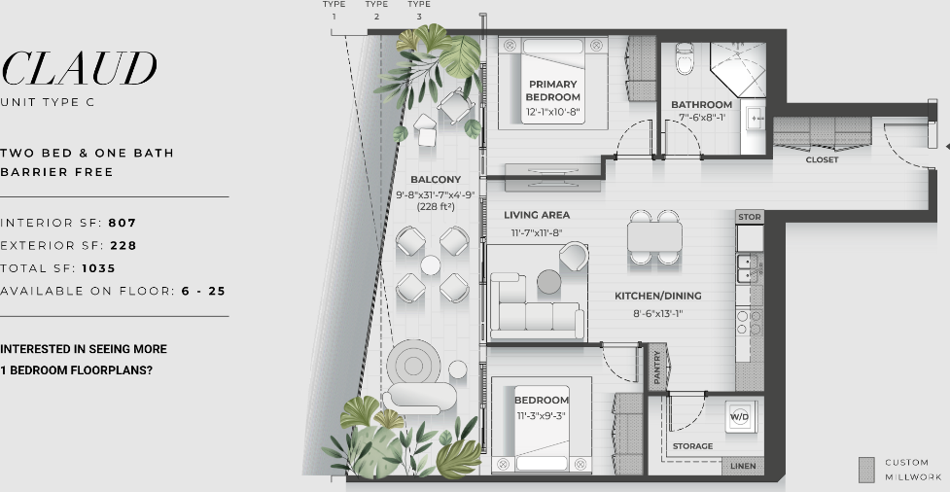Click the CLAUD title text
point(80,68)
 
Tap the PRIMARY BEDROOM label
point(552,90)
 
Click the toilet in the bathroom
point(685,58)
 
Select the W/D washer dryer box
point(740,416)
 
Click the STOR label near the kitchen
point(750,216)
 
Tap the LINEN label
point(743,466)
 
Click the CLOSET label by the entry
point(823,160)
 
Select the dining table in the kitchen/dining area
point(655,237)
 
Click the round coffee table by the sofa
point(549,282)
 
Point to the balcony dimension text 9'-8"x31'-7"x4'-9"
point(435,195)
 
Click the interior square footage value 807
point(123,223)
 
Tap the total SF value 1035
point(99,268)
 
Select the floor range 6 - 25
point(203,291)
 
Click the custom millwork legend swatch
point(866,470)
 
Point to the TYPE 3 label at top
point(419,10)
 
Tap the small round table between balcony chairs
point(430,265)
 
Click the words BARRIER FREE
point(57,172)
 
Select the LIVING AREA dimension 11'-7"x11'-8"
point(537,232)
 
